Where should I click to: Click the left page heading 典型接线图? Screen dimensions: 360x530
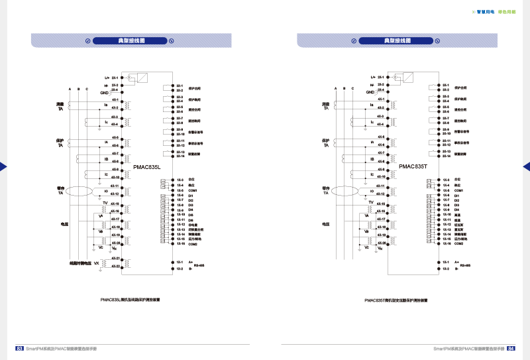131,40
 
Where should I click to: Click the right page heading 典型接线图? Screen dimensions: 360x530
397,40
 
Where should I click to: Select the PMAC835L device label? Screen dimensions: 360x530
147,167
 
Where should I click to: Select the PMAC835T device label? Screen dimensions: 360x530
413,167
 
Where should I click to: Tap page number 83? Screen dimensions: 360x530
19,348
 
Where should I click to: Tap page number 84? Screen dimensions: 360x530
511,348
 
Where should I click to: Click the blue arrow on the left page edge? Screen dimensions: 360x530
3,166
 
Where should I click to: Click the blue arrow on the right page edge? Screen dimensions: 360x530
527,166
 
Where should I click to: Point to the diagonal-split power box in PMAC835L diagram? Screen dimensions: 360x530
142,78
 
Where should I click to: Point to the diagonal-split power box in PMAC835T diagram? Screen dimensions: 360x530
407,78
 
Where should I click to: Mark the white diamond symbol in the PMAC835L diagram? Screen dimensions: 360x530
129,78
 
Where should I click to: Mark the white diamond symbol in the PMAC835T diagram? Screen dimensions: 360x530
395,78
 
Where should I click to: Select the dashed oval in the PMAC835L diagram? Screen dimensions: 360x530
79,192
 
